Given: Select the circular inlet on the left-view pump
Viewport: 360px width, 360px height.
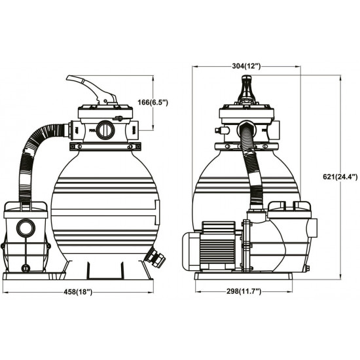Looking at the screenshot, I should coord(27,228).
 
